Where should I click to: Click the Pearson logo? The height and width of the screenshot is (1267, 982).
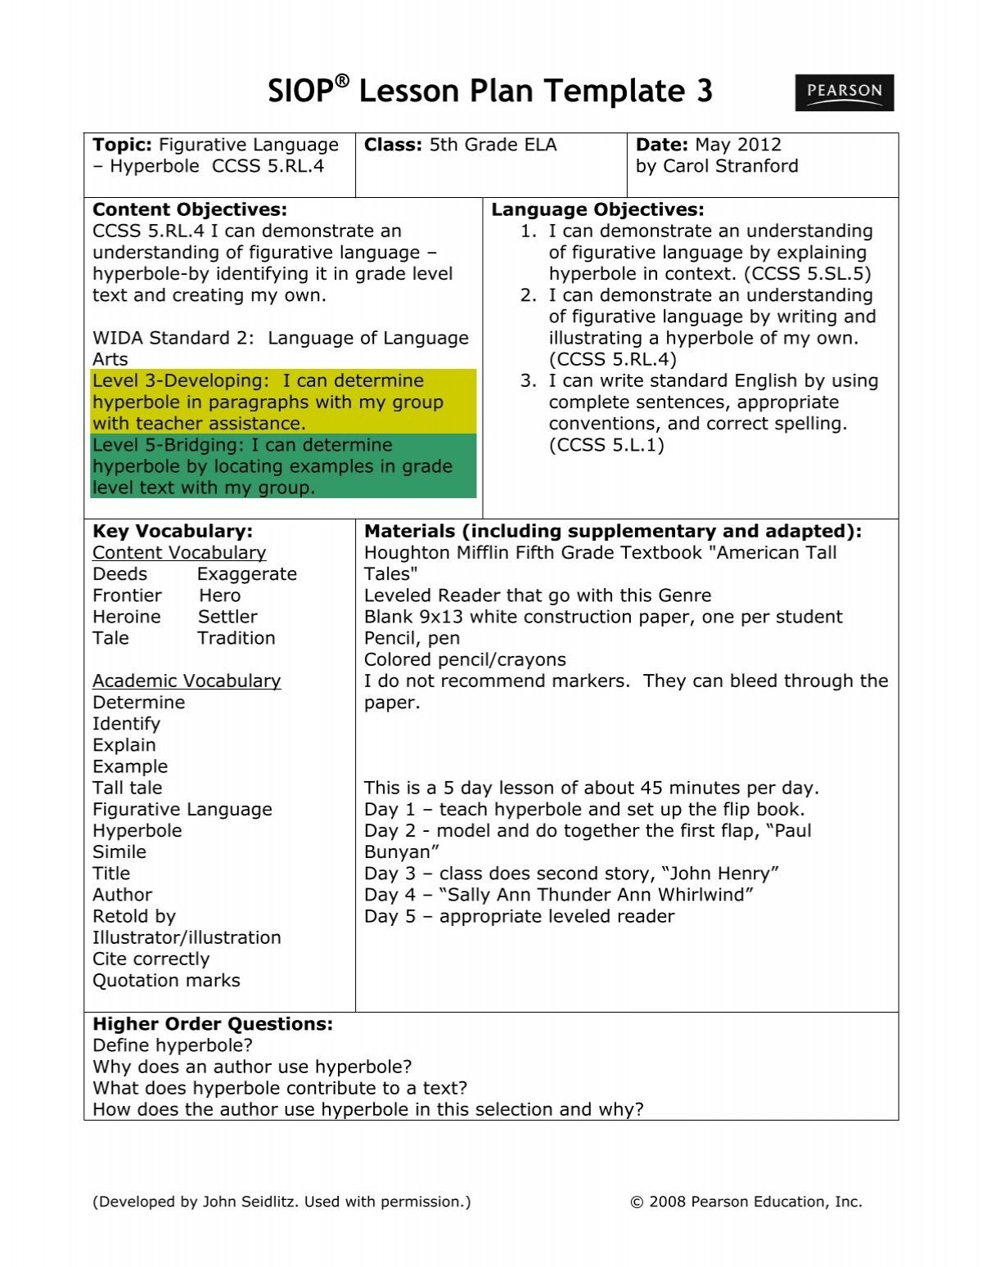844,92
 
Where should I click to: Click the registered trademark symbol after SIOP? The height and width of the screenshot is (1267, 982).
342,81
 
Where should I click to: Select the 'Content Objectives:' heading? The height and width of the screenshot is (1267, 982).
190,209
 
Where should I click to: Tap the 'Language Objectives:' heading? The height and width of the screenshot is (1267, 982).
597,209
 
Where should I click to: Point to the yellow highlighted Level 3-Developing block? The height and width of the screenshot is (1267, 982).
283,402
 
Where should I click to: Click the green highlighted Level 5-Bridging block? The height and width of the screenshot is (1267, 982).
283,466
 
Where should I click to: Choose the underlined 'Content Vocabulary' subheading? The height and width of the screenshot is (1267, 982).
179,553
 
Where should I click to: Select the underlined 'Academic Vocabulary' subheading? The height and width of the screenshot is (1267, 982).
187,681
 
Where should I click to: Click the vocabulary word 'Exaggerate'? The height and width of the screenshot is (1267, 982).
246,574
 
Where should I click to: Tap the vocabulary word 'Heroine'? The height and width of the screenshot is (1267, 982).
127,617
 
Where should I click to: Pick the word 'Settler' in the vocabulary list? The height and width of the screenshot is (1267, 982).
227,617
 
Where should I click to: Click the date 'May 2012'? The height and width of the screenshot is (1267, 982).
738,145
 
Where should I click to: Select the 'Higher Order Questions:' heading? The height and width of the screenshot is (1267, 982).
213,1024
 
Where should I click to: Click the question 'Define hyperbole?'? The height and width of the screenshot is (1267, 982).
173,1045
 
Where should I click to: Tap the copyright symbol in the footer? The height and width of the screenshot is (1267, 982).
637,1202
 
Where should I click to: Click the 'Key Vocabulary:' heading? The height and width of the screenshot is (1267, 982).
173,532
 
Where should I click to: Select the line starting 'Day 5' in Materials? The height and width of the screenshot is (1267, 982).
519,916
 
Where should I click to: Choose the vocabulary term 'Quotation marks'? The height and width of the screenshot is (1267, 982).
166,980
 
